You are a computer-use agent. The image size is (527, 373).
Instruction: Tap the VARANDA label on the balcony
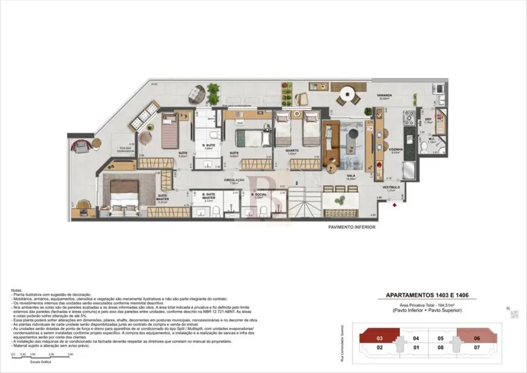tap(384, 95)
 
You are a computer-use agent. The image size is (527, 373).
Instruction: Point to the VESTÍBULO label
tap(391, 188)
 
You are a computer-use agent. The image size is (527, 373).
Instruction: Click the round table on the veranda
tap(348, 94)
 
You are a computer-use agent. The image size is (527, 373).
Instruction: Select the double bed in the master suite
tap(124, 196)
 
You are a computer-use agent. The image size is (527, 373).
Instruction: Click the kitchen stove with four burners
tap(410, 118)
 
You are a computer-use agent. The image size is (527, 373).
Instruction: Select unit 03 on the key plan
tap(379, 339)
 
